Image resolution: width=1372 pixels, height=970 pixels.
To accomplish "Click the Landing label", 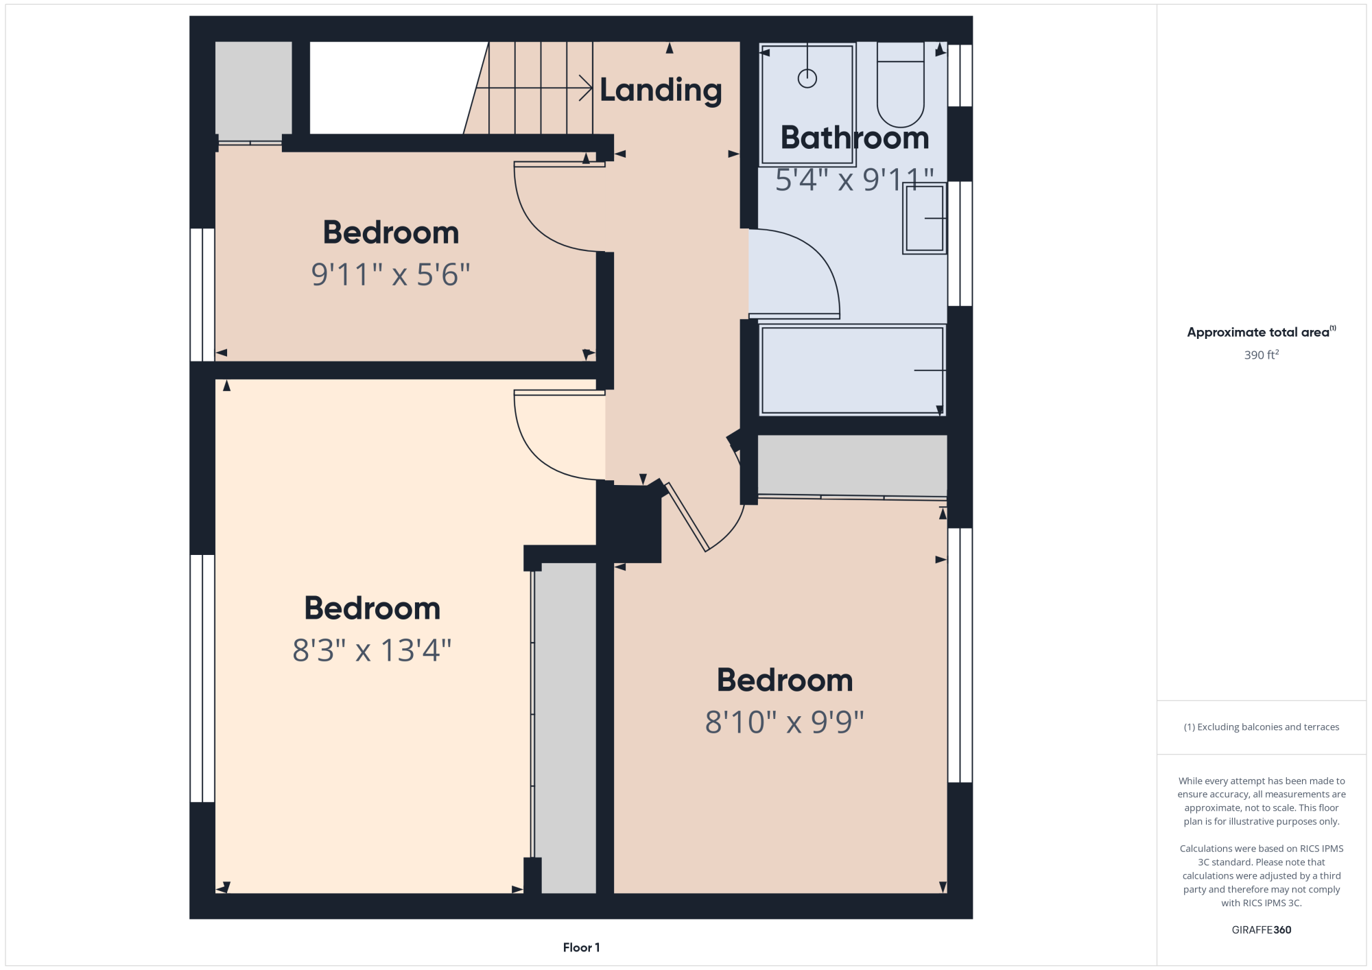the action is [x=661, y=91].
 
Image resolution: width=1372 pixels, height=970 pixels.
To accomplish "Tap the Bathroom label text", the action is [x=855, y=138].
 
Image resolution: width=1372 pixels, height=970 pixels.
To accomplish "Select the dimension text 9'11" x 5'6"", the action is [x=390, y=274].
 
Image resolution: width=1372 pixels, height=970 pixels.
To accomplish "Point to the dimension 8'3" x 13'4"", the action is [x=372, y=650].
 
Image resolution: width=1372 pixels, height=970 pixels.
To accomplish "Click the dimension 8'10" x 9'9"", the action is [x=785, y=722].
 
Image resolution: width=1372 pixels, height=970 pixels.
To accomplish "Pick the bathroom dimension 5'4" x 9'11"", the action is [x=855, y=180].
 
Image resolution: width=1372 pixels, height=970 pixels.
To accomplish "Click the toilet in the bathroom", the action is [x=901, y=84].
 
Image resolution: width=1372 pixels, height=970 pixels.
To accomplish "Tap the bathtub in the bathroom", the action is [x=853, y=370].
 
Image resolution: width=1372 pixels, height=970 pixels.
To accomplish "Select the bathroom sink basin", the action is [x=925, y=218].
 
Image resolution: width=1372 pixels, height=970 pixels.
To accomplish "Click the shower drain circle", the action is [x=807, y=78].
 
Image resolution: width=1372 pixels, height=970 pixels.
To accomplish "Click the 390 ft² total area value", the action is [x=1262, y=355].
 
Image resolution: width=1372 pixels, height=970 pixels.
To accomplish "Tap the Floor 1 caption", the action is [x=581, y=947].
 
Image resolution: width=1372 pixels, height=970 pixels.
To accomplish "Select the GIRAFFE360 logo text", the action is [x=1262, y=930].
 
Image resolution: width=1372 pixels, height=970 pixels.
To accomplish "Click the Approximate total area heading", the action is [x=1262, y=332].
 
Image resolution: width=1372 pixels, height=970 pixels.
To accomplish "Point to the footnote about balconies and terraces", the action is [x=1262, y=727].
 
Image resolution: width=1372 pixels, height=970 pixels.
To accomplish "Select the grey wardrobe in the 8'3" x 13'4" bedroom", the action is [x=565, y=728].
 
